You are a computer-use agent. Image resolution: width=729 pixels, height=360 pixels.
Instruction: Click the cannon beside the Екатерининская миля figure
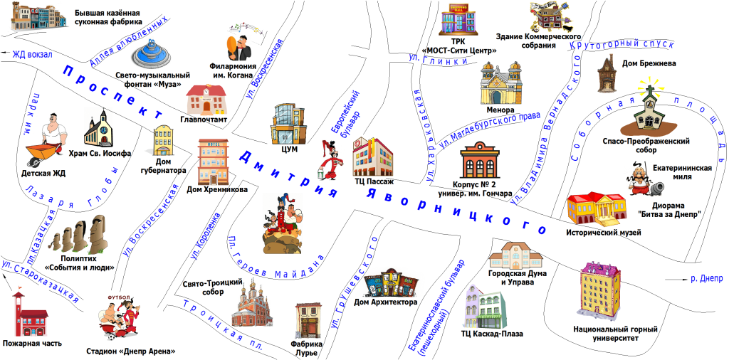click(x=656, y=188)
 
